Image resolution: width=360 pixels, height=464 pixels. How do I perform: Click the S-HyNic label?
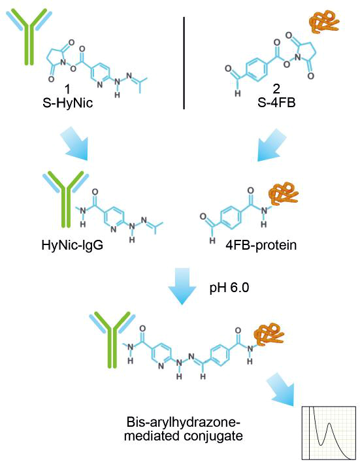tap(68, 103)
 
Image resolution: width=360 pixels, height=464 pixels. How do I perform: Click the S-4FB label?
tap(276, 103)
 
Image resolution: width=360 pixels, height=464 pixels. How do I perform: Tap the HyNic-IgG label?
tap(73, 245)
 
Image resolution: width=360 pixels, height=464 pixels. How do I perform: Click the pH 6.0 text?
tap(229, 288)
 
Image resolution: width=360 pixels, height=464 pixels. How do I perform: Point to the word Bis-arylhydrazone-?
tap(184, 422)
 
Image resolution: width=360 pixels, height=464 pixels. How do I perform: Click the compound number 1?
tap(68, 89)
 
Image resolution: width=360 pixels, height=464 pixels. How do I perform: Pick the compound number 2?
tap(276, 89)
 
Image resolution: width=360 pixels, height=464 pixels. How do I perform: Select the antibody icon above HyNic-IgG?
tap(66, 199)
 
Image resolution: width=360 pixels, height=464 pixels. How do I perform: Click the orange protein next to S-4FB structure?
tap(323, 20)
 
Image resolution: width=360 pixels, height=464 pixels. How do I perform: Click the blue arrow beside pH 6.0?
tap(182, 286)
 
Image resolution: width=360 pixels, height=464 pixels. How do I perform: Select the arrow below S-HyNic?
tap(74, 144)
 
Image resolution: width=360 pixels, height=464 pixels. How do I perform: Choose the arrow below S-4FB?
tap(272, 144)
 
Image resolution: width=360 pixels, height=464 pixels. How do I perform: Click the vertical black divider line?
tap(184, 63)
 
